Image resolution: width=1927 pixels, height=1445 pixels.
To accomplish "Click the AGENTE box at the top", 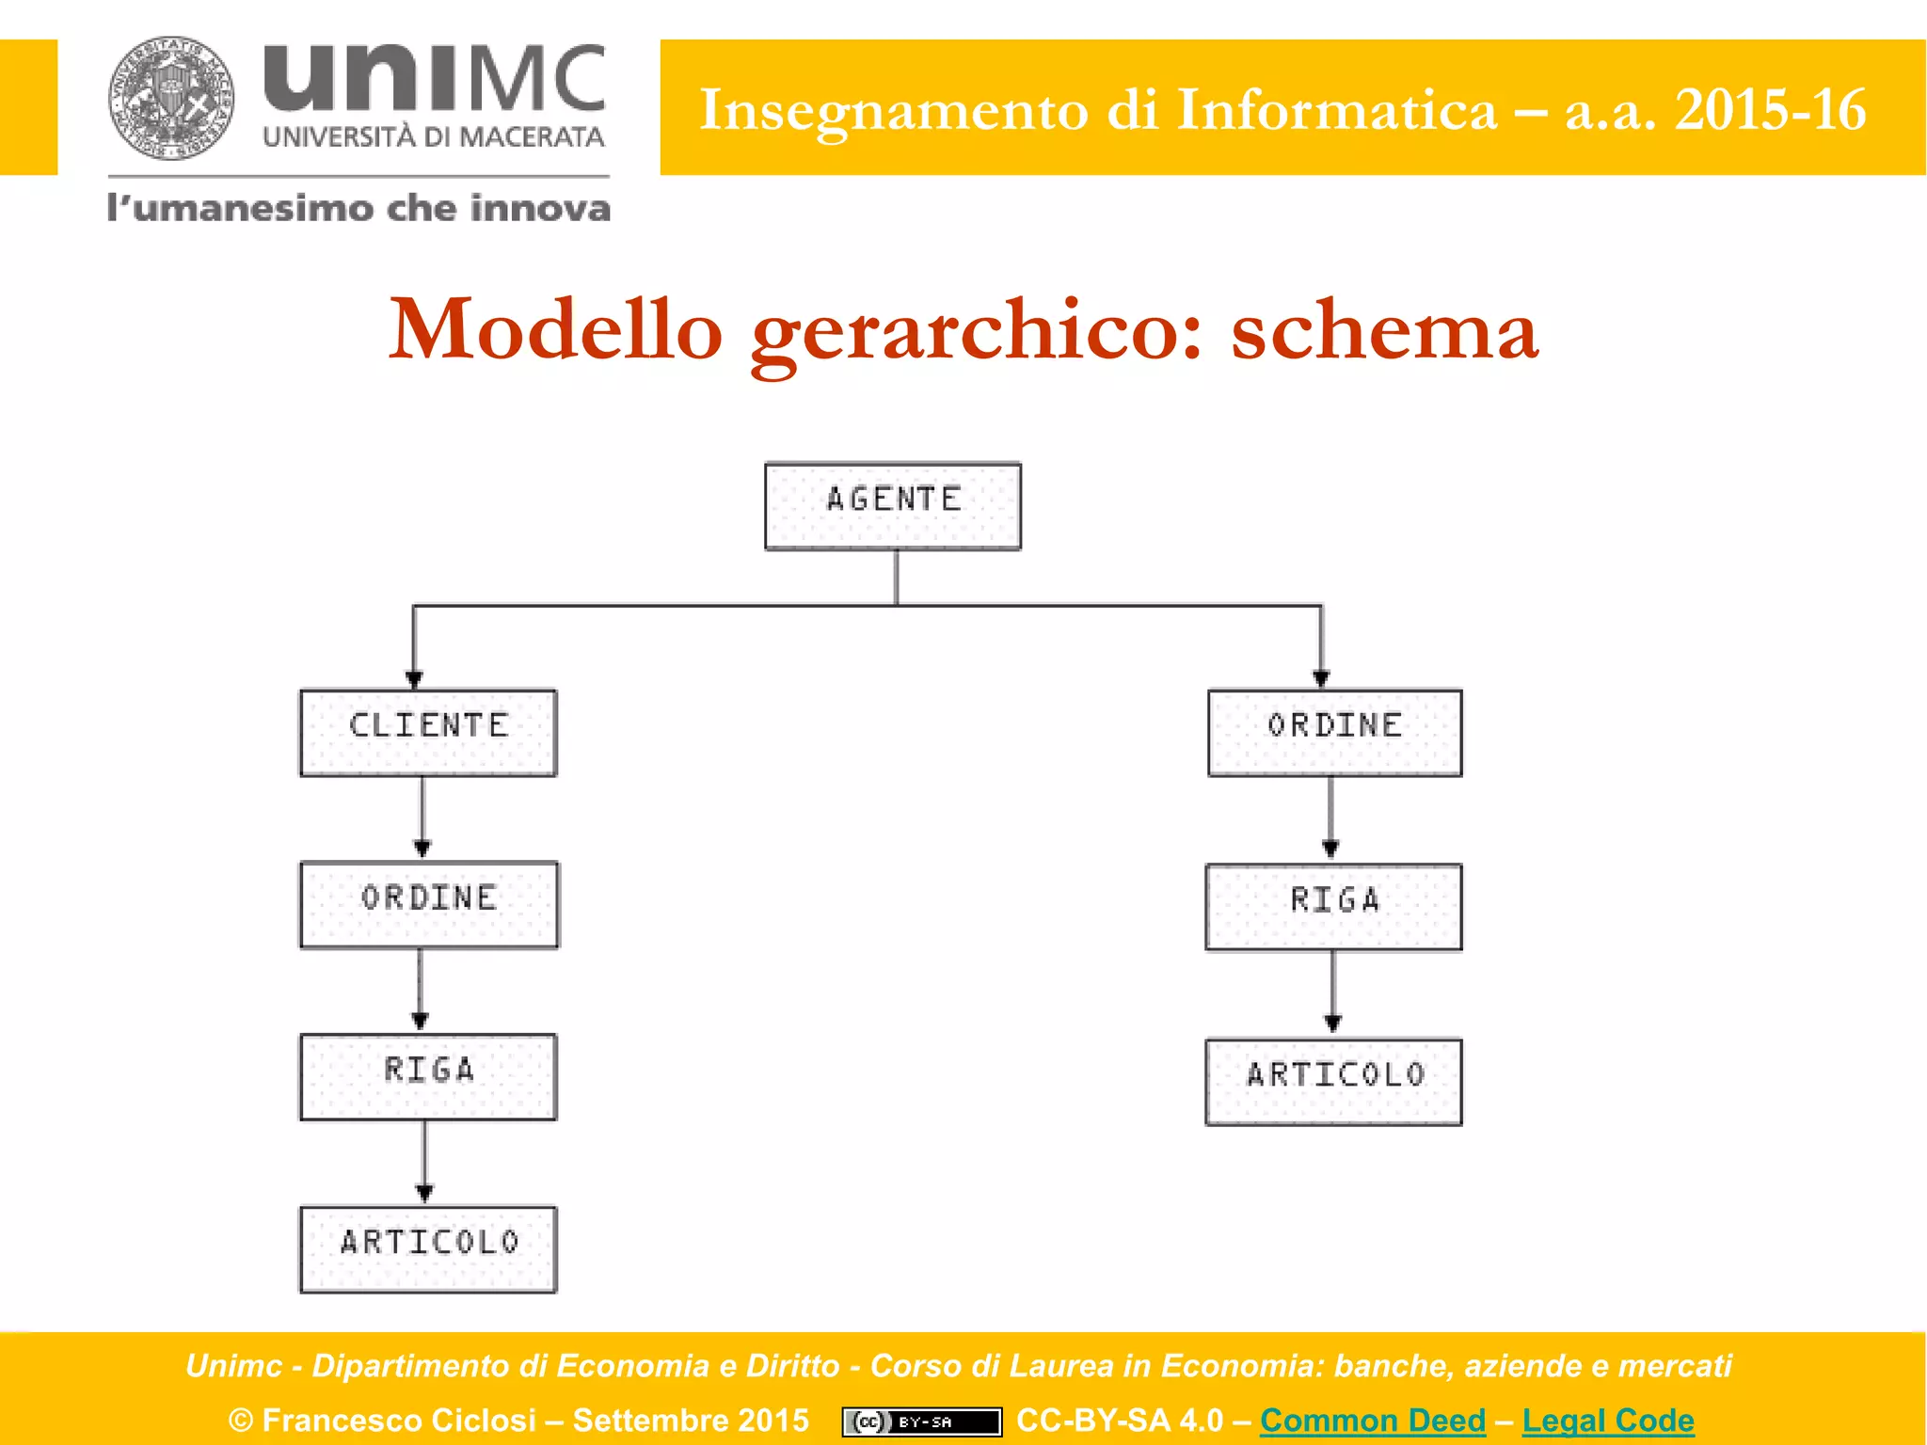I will [892, 505].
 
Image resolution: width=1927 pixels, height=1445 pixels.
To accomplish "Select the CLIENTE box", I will [428, 732].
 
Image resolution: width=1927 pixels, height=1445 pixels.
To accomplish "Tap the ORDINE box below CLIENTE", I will [428, 904].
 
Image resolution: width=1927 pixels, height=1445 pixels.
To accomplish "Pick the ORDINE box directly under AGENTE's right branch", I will [1334, 732].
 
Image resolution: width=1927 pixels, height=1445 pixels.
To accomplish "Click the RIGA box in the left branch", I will [428, 1076].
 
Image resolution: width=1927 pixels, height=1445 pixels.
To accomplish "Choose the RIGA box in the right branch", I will [1333, 907].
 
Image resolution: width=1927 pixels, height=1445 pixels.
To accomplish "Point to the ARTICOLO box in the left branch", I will [428, 1248].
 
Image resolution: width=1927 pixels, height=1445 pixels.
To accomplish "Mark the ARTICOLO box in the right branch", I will [1333, 1081].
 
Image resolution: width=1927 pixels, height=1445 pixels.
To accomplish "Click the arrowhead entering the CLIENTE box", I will [414, 679].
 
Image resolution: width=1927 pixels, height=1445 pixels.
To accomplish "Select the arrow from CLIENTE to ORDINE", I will [422, 817].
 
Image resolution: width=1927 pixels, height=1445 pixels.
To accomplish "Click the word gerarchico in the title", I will [976, 331].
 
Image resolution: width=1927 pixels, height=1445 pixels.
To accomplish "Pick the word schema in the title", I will [1384, 331].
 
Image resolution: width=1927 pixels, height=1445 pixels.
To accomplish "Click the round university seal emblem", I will [170, 98].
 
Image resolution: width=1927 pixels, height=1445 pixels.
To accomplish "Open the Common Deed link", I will [1372, 1420].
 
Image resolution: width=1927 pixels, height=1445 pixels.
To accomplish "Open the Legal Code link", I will [1607, 1420].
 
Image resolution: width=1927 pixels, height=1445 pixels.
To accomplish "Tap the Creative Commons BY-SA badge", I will [921, 1421].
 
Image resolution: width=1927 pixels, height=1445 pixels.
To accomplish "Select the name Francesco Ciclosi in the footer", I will [399, 1420].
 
